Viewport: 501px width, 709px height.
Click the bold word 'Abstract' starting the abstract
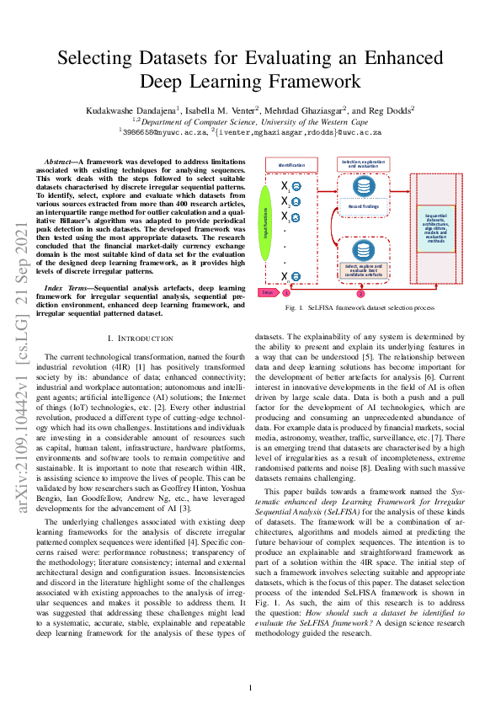pos(58,160)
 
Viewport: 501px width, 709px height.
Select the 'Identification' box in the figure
pos(290,165)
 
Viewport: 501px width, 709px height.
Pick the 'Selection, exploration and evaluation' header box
pos(364,163)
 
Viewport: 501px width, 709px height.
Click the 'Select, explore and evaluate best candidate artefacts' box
pos(364,269)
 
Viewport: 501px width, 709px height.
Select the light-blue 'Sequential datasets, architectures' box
pos(435,228)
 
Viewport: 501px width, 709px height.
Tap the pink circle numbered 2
pos(361,293)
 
